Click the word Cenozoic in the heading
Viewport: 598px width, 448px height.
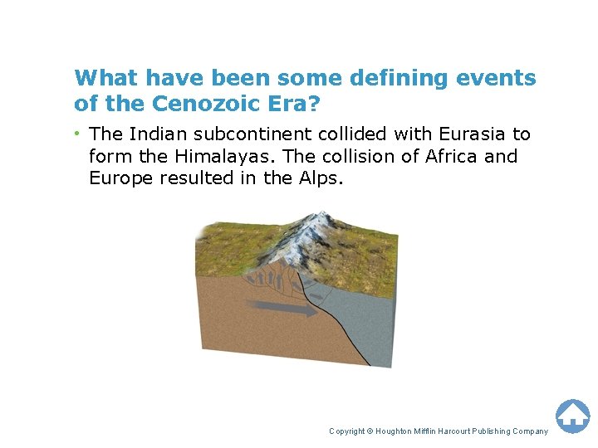tap(190, 104)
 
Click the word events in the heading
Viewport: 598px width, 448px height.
tap(499, 78)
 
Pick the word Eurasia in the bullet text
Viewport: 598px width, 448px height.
tap(477, 134)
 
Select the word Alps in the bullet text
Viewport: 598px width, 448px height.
tap(320, 178)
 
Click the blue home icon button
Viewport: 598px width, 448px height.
tap(572, 415)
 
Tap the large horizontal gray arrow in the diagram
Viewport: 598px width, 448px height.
tap(282, 309)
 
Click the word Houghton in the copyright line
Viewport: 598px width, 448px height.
tap(399, 431)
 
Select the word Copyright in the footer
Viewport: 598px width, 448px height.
tap(348, 431)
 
